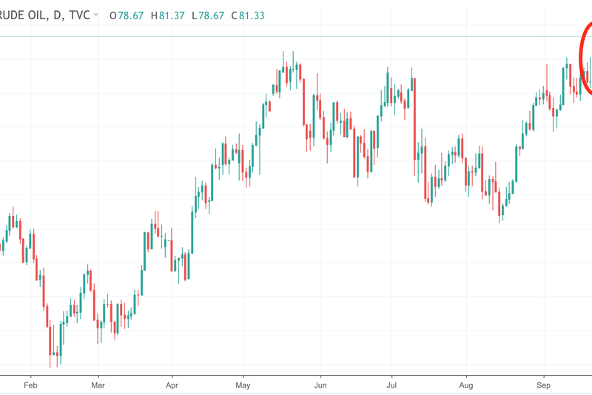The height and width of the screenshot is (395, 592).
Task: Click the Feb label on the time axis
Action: click(x=30, y=385)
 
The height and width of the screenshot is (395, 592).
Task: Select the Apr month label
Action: click(x=172, y=385)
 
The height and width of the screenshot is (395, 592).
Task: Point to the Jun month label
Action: click(x=320, y=385)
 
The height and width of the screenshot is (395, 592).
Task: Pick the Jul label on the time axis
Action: click(x=392, y=385)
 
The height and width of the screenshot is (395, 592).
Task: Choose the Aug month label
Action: click(x=466, y=385)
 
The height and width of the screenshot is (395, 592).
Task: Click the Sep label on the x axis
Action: click(x=544, y=385)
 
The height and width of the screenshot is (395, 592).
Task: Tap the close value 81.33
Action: click(x=254, y=15)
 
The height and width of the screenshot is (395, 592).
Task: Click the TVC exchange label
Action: click(x=79, y=15)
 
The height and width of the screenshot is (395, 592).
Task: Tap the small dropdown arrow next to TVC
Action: click(x=96, y=15)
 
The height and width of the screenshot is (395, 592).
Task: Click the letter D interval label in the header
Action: click(x=56, y=15)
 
